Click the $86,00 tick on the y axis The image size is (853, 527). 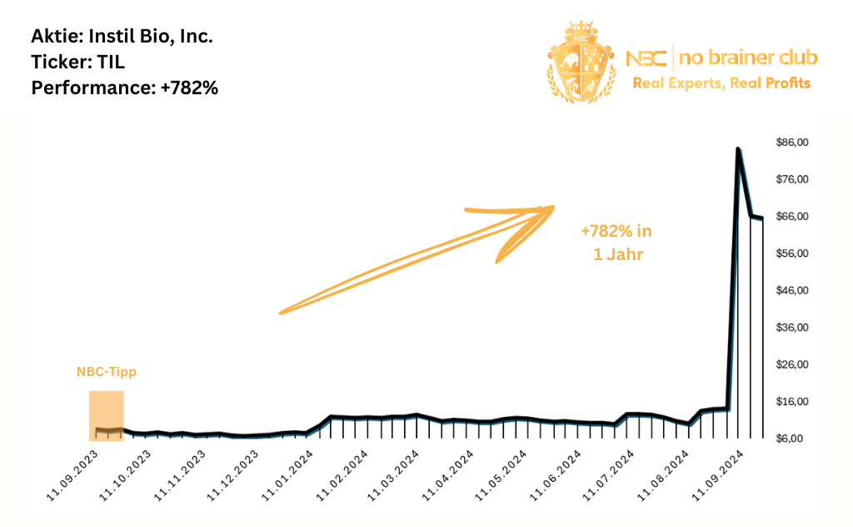click(x=792, y=143)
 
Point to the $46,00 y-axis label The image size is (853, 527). click(x=792, y=290)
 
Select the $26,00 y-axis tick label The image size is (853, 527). click(x=792, y=364)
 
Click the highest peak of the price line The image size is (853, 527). click(x=738, y=149)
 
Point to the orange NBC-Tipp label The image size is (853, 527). click(x=106, y=373)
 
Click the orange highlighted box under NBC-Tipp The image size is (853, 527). click(x=106, y=415)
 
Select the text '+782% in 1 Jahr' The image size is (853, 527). click(x=617, y=243)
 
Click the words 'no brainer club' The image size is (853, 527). click(x=748, y=58)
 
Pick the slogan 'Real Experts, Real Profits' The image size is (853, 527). click(x=721, y=83)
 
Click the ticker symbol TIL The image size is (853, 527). click(x=107, y=62)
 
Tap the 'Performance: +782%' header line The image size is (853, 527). click(x=124, y=87)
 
